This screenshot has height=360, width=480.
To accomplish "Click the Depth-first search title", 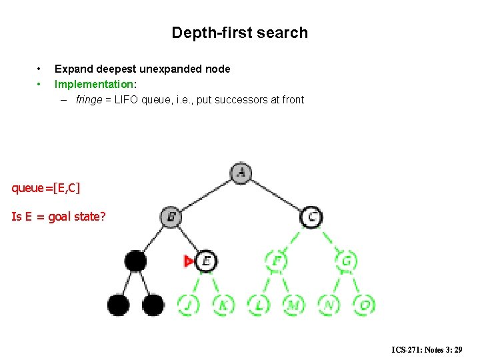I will [x=239, y=33].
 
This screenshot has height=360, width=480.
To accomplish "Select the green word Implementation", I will [x=93, y=84].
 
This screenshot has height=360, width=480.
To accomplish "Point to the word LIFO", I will [x=127, y=100].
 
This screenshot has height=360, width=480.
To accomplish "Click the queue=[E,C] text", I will [x=46, y=188].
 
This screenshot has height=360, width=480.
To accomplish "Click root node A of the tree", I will [x=241, y=173].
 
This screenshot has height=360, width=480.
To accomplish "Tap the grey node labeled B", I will [x=171, y=216].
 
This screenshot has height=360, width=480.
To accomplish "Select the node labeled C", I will [x=311, y=216].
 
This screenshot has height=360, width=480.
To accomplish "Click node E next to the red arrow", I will [x=207, y=261].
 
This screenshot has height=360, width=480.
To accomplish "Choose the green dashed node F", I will [x=276, y=261].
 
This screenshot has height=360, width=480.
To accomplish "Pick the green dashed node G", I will [x=346, y=261].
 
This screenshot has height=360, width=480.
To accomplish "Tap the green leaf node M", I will [x=293, y=305].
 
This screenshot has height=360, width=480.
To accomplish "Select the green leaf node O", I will [x=363, y=305].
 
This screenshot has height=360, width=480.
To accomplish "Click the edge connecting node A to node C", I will [x=276, y=195].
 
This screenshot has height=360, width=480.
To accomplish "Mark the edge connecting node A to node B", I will [x=206, y=194].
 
